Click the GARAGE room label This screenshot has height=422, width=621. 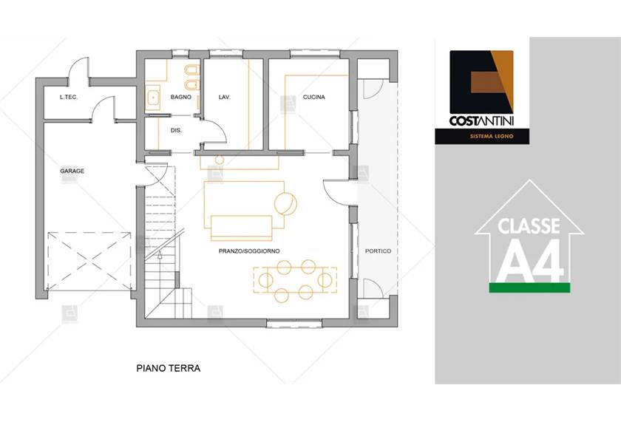pyautogui.click(x=72, y=171)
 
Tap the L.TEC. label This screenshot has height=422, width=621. pyautogui.click(x=69, y=97)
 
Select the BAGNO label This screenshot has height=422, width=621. pyautogui.click(x=181, y=97)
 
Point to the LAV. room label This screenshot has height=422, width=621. pyautogui.click(x=225, y=97)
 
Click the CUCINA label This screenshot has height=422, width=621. pyautogui.click(x=314, y=97)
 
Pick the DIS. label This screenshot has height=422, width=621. pyautogui.click(x=176, y=130)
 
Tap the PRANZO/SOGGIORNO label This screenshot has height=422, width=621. pyautogui.click(x=249, y=251)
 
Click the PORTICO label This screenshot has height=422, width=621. pyautogui.click(x=379, y=251)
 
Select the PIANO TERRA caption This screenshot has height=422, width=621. pyautogui.click(x=169, y=368)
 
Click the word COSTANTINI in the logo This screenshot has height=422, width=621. pyautogui.click(x=481, y=120)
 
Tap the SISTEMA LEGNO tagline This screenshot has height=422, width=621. pyautogui.click(x=492, y=136)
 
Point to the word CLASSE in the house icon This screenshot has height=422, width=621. pyautogui.click(x=529, y=225)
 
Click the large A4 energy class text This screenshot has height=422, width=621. pyautogui.click(x=530, y=260)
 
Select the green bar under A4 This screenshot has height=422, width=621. pyautogui.click(x=529, y=287)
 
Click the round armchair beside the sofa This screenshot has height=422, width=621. pyautogui.click(x=285, y=204)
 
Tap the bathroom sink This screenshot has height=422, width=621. pyautogui.click(x=153, y=98)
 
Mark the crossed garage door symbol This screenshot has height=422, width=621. pyautogui.click(x=89, y=262)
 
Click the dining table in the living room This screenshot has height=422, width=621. pyautogui.click(x=295, y=280)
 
